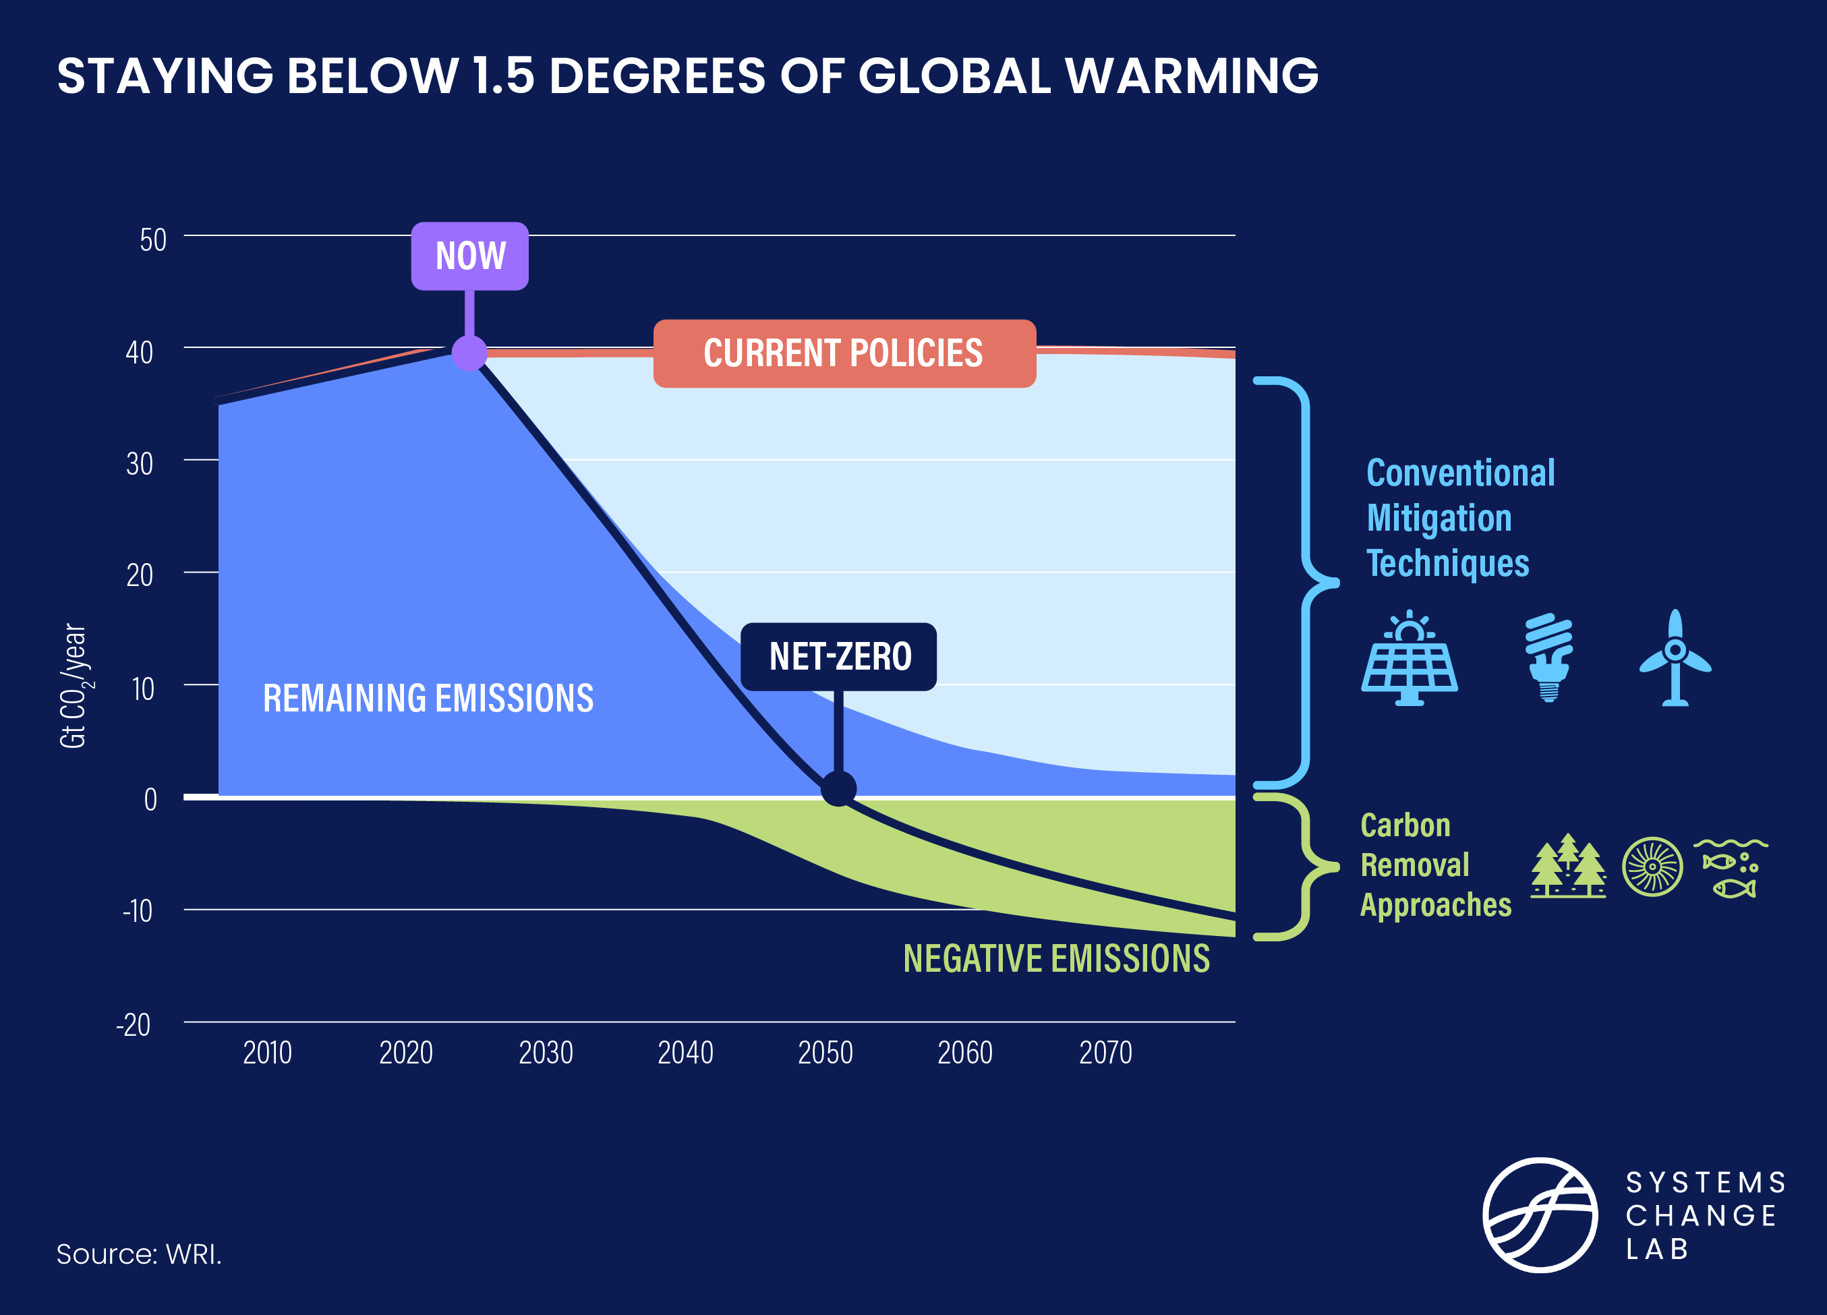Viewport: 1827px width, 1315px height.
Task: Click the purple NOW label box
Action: tap(469, 256)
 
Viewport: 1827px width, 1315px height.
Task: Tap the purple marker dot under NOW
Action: tap(469, 353)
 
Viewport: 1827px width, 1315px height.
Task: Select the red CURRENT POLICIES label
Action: tap(844, 353)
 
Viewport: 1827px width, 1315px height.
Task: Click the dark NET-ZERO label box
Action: tap(838, 656)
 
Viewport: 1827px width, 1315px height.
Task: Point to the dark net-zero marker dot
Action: tap(838, 788)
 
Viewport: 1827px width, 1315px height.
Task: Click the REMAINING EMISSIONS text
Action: tap(428, 698)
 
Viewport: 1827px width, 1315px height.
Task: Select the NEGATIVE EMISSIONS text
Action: tap(1056, 958)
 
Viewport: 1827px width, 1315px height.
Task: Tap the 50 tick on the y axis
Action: tap(153, 240)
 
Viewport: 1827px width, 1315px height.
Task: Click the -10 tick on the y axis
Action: tap(138, 911)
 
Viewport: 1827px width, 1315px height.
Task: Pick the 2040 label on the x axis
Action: tap(685, 1053)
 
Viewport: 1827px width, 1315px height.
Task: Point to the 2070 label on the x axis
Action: tap(1105, 1053)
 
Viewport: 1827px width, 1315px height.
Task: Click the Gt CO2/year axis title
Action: tap(74, 685)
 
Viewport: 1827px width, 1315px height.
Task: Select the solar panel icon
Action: tap(1409, 659)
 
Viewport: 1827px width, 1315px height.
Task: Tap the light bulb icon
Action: tap(1548, 657)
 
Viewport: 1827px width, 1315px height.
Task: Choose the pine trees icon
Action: tap(1567, 866)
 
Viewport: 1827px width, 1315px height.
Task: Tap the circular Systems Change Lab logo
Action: tap(1540, 1215)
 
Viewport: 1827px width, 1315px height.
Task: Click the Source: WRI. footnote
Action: tap(138, 1254)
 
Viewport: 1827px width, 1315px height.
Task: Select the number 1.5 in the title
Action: tap(502, 76)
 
